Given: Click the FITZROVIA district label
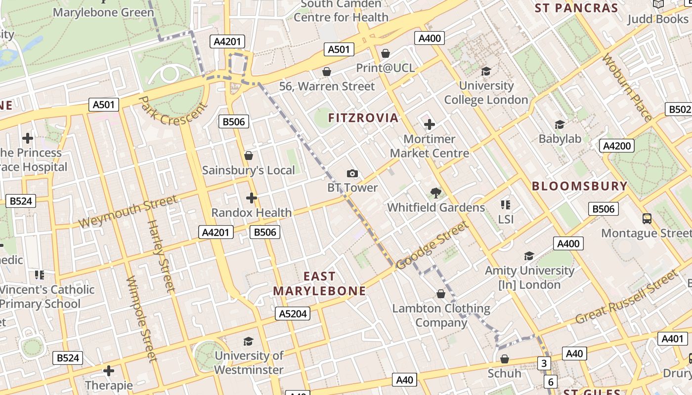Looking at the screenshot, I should coord(363,118).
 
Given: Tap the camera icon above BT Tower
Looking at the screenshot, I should coord(352,173).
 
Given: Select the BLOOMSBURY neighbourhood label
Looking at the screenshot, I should coord(579,186).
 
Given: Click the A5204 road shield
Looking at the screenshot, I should coord(293,314).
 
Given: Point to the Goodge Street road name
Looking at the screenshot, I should coord(432,245).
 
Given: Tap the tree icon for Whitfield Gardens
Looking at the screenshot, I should coord(435,193).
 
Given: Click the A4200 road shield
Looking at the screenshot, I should coord(616,146).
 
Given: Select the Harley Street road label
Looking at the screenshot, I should coord(161,255).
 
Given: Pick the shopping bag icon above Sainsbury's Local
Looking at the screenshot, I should coord(249,156).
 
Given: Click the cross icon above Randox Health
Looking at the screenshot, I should coord(252,198).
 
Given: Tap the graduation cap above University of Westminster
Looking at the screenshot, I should coord(248,341).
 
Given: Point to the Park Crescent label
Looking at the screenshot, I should coord(172,111).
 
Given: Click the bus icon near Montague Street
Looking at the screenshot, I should coord(647,218).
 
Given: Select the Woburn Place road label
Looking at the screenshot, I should coord(627,87).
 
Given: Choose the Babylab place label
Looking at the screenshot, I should coord(560,139).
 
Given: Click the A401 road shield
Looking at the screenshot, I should coord(672,339).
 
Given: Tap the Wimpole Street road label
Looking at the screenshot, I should coord(141,319).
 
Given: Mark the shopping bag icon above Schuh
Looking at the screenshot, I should coord(505,359).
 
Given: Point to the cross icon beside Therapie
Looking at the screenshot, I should coord(109,370).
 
